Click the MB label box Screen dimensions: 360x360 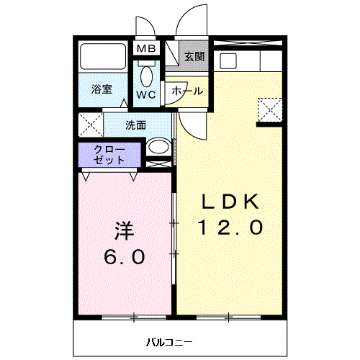click(146, 49)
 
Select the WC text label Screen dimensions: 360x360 click(146, 94)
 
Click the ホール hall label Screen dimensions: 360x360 click(186, 92)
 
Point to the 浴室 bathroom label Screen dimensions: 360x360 click(102, 89)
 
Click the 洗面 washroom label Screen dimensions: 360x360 click(135, 125)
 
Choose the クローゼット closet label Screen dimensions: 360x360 click(109, 155)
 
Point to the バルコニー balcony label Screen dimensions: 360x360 click(170, 341)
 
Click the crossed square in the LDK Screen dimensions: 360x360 click(269, 109)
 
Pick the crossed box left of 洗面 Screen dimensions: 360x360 click(91, 125)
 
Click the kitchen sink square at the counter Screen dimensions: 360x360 click(229, 59)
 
